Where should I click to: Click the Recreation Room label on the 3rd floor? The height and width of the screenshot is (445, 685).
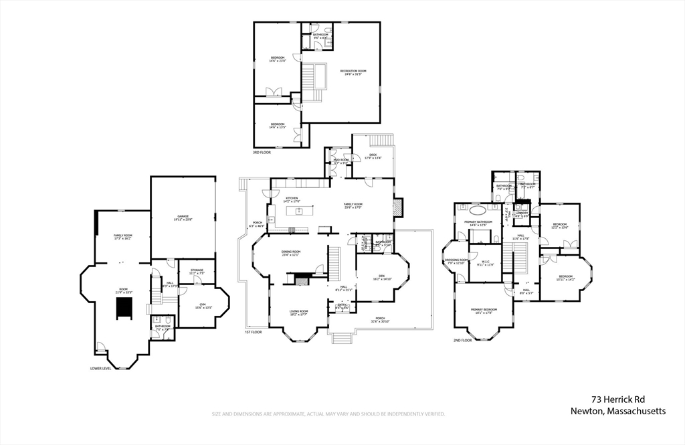click(353, 72)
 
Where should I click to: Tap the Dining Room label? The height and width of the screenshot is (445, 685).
click(291, 253)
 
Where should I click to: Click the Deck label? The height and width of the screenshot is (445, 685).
click(373, 157)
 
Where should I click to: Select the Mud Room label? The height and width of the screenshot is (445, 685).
click(341, 161)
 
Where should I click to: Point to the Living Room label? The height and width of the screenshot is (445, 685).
click(298, 313)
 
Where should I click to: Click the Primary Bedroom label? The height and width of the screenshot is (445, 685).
click(486, 310)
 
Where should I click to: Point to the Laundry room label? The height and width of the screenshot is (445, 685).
click(522, 215)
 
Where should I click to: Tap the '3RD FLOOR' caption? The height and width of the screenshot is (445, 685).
click(261, 153)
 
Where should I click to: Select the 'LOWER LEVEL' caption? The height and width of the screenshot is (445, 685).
click(100, 368)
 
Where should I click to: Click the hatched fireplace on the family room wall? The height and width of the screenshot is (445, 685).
click(398, 207)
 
